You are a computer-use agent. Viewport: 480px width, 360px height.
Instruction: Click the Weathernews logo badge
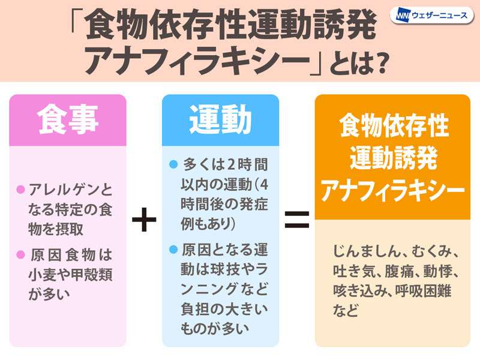pyautogui.click(x=431, y=16)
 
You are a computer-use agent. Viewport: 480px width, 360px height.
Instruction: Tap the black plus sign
pyautogui.click(x=144, y=220)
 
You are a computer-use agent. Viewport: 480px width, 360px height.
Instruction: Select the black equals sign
pyautogui.click(x=297, y=220)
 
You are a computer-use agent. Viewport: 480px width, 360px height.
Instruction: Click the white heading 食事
pyautogui.click(x=68, y=119)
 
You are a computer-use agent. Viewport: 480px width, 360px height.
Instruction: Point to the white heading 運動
pyautogui.click(x=220, y=119)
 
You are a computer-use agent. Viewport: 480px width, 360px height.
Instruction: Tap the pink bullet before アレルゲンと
pyautogui.click(x=20, y=190)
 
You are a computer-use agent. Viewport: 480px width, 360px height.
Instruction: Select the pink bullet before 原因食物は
pyautogui.click(x=20, y=254)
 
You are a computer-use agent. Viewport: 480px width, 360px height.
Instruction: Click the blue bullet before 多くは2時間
pyautogui.click(x=173, y=164)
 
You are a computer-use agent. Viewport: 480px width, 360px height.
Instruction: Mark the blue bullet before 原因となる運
pyautogui.click(x=173, y=250)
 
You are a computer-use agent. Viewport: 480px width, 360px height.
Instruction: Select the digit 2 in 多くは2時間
pyautogui.click(x=232, y=165)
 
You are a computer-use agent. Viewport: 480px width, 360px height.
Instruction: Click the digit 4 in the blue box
pyautogui.click(x=263, y=185)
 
